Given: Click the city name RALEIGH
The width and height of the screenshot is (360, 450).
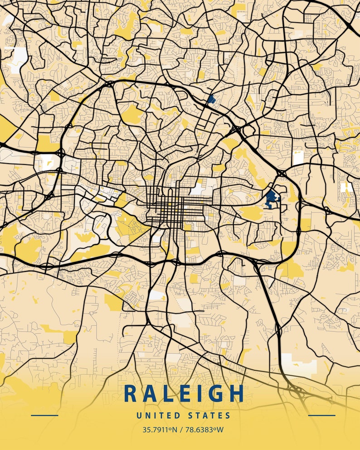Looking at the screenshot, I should point(184,393).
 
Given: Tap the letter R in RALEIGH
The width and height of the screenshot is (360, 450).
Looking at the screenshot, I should point(131,393).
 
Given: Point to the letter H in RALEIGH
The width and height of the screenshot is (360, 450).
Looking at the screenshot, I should point(236,393).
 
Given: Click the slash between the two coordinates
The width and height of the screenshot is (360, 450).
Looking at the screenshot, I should point(180,429).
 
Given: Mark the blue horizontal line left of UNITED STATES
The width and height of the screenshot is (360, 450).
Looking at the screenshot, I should point(44,415).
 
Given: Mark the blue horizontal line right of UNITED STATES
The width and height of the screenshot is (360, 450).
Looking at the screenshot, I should point(321,415).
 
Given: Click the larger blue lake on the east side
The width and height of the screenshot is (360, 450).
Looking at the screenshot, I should point(271,198).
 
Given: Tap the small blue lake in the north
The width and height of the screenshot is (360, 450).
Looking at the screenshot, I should point(211,99).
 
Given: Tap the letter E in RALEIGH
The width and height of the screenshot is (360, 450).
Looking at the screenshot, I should point(184,393).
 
